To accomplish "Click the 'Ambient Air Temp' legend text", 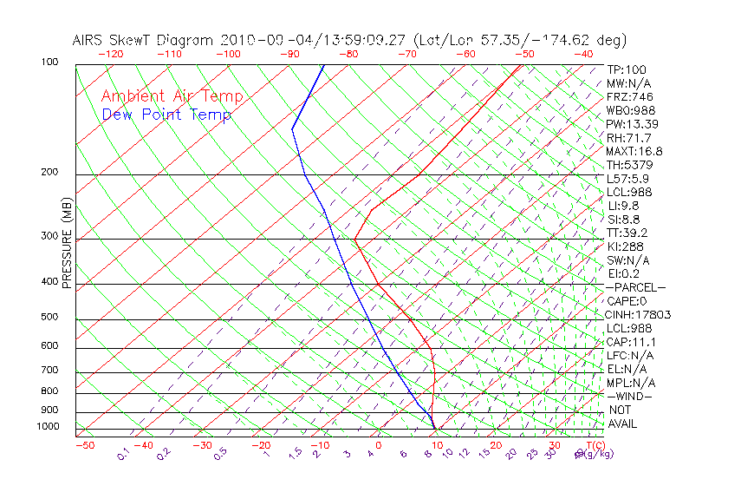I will point(172,96).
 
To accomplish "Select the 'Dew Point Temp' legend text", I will point(166,115).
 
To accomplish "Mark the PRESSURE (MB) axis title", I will point(67,243).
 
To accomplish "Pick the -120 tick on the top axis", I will point(111,54).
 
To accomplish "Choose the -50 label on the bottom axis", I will point(84,445).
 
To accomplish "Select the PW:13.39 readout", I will point(631,124).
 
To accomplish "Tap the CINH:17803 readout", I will point(638,314).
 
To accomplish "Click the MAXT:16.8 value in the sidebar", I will point(634,151).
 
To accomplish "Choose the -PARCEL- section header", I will point(635,287).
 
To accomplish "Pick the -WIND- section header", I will point(629,396).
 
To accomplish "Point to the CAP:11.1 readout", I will point(631,341).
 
